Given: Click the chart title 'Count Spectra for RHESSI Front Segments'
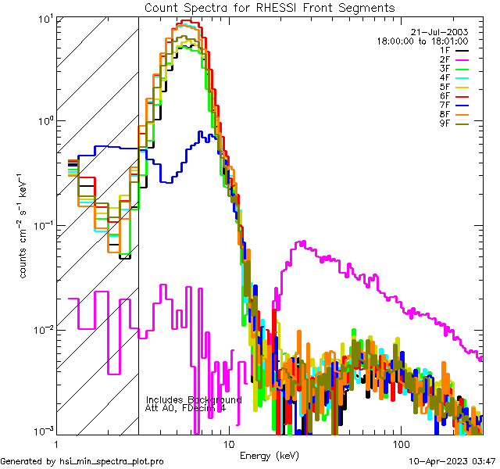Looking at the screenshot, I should point(270,7).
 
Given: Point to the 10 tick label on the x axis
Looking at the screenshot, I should point(229,442).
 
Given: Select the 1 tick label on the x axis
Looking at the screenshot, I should point(53,442).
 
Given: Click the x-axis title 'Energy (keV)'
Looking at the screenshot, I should point(270,455).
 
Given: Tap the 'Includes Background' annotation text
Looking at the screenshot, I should point(193,399).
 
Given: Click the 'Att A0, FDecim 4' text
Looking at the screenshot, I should point(185,408).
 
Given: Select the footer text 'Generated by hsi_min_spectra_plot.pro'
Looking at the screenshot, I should point(82,462).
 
